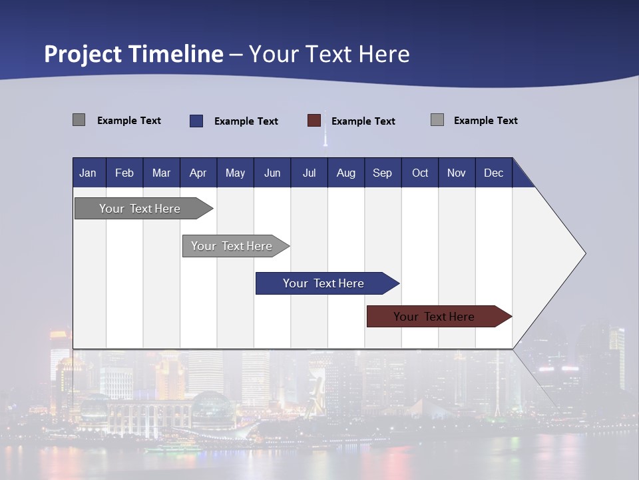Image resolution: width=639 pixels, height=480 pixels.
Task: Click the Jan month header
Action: tap(88, 173)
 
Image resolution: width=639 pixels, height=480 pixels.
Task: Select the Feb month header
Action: tap(124, 173)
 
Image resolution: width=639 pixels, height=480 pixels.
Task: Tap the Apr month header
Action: tap(198, 173)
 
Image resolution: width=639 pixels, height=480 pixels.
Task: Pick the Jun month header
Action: tap(272, 173)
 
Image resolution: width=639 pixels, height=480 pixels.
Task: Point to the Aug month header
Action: tap(345, 173)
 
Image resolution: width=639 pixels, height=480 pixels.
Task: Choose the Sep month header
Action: tap(382, 173)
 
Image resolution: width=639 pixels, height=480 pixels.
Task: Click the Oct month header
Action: tap(420, 173)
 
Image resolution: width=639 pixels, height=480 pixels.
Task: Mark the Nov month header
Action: tap(457, 173)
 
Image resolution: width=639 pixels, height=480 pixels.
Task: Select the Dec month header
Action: tap(493, 173)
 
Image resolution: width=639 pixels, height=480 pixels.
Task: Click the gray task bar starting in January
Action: tap(140, 209)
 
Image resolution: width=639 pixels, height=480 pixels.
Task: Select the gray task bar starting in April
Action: tap(232, 246)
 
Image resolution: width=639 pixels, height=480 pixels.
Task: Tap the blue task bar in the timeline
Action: tap(323, 283)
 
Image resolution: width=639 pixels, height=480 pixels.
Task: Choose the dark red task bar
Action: tap(434, 317)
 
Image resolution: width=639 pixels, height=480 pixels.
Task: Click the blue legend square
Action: tap(196, 121)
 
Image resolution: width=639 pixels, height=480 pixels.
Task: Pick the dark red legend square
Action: tap(314, 121)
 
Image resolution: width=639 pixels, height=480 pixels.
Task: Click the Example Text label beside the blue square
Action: tap(246, 121)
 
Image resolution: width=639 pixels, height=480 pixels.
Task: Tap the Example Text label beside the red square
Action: tap(363, 121)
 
